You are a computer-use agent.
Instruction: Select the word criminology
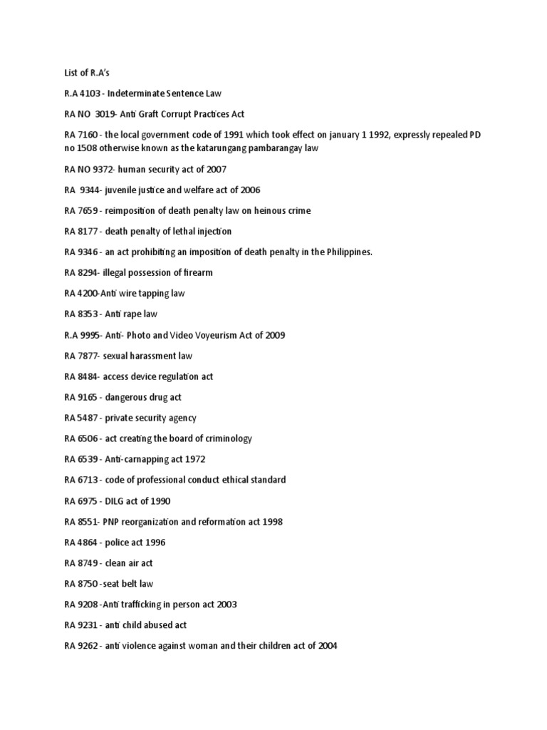click(x=226, y=438)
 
